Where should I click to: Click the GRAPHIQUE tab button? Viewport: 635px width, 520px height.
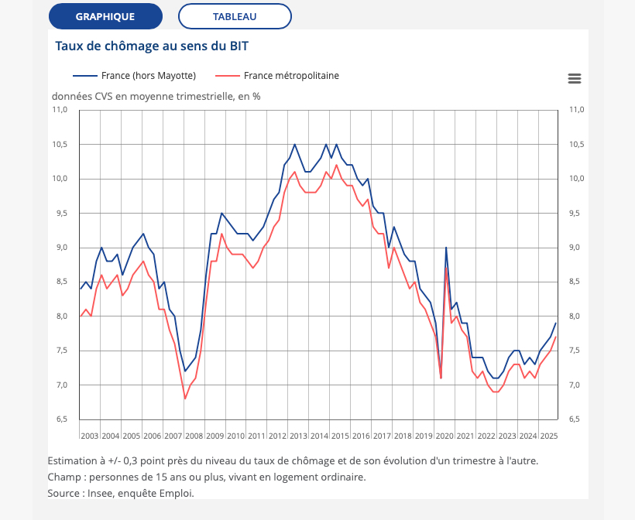coord(105,16)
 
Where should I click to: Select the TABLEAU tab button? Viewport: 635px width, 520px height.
coord(235,16)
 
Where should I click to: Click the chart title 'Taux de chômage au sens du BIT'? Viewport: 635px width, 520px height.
coord(152,46)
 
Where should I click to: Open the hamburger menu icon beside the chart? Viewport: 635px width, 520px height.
coord(574,78)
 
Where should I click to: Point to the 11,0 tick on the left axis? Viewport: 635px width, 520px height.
coord(60,110)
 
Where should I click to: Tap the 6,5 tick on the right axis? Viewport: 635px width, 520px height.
coord(577,419)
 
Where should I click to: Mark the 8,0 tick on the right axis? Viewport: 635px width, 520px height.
coord(577,316)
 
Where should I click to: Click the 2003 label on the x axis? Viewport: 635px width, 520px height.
coord(90,436)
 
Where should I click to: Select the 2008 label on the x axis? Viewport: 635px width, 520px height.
coord(194,436)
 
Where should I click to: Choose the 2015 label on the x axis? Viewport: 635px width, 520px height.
coord(340,436)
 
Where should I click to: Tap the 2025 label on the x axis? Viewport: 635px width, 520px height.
coord(548,436)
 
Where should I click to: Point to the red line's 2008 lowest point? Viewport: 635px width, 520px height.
coord(185,399)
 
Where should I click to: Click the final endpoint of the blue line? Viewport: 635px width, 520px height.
coord(555,323)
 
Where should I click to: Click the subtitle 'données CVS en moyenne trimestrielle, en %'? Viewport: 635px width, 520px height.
coord(156,97)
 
